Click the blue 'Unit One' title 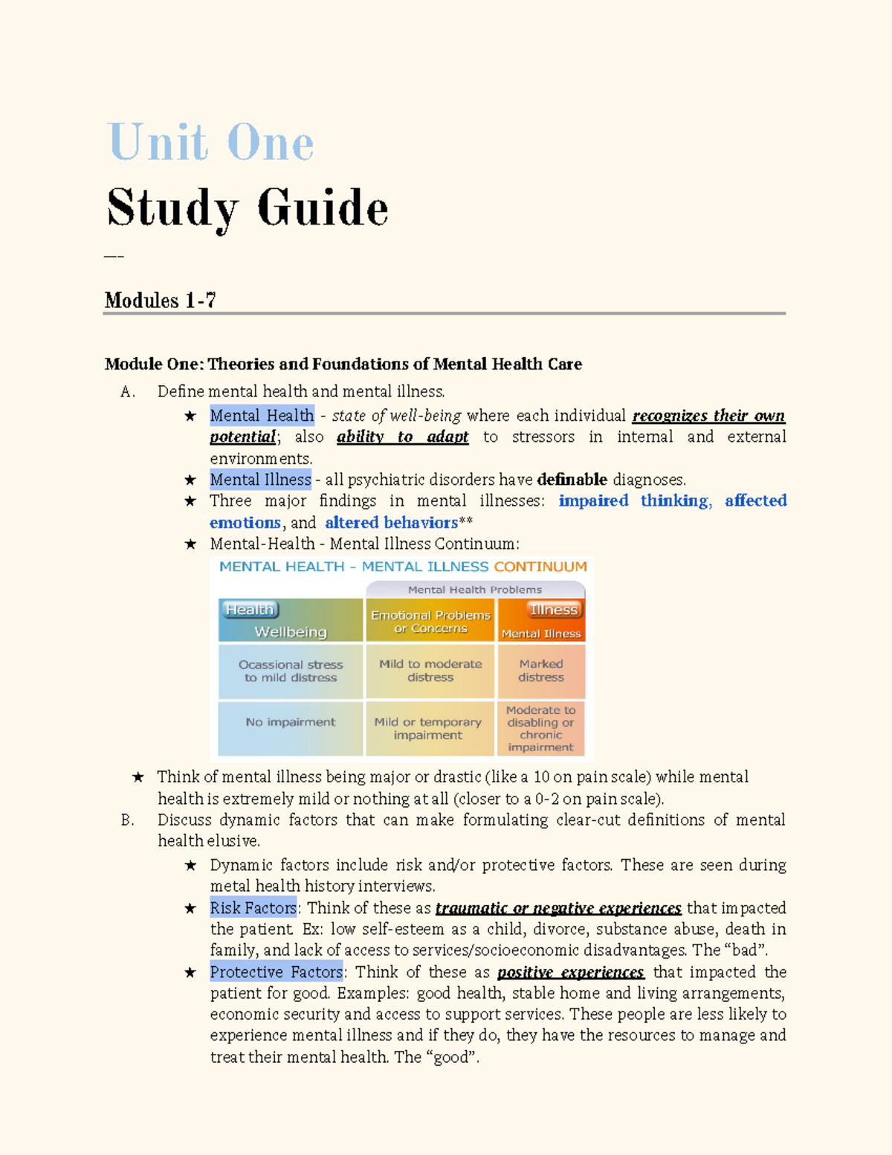pos(211,142)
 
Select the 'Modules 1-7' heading pos(161,300)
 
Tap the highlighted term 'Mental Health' pos(262,415)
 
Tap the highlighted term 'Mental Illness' pos(260,480)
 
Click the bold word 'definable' pos(572,480)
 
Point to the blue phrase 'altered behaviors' pos(391,523)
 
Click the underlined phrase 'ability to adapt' pos(402,437)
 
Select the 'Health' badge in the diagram pos(250,610)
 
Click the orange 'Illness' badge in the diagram pos(554,610)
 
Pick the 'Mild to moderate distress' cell pos(430,671)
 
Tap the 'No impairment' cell pos(290,722)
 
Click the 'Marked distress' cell pos(541,671)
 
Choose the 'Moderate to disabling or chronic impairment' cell pos(541,729)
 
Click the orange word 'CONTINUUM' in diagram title pos(540,567)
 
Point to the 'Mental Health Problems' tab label pos(474,590)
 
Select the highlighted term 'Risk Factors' pos(253,908)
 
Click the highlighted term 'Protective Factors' pos(277,972)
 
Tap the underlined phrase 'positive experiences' pos(570,972)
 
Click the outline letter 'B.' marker pos(127,820)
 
